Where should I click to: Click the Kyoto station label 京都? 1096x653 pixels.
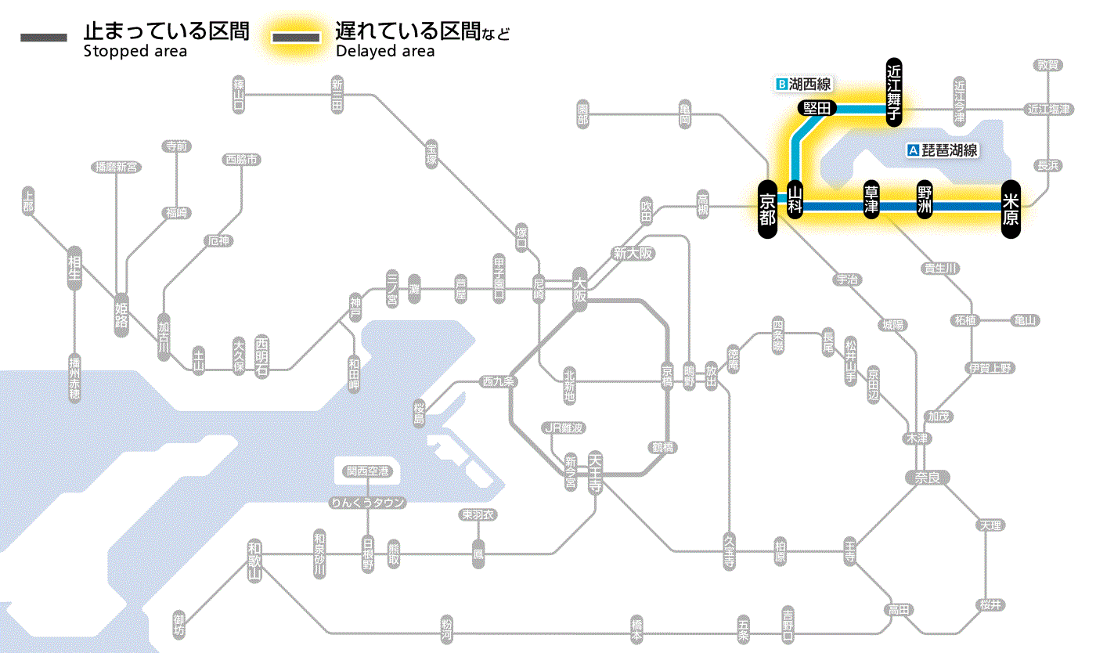[768, 208]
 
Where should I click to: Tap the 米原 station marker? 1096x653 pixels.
[1011, 208]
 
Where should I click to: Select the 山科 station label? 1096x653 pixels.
[795, 200]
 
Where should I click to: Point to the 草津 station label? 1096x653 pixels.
[871, 200]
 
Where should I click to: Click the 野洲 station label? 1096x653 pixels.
[925, 200]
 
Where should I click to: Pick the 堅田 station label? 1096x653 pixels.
[817, 108]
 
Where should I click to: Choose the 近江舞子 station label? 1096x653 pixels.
[894, 92]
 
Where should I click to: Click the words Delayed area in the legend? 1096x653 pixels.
[385, 52]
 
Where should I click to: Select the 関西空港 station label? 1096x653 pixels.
[367, 471]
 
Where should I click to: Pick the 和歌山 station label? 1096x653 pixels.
[254, 561]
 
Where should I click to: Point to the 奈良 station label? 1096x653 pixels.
[926, 476]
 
